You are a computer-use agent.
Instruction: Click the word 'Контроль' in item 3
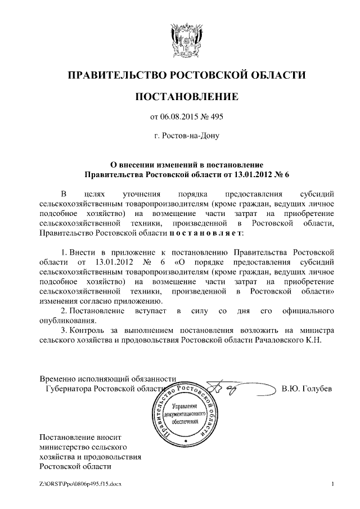93,330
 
